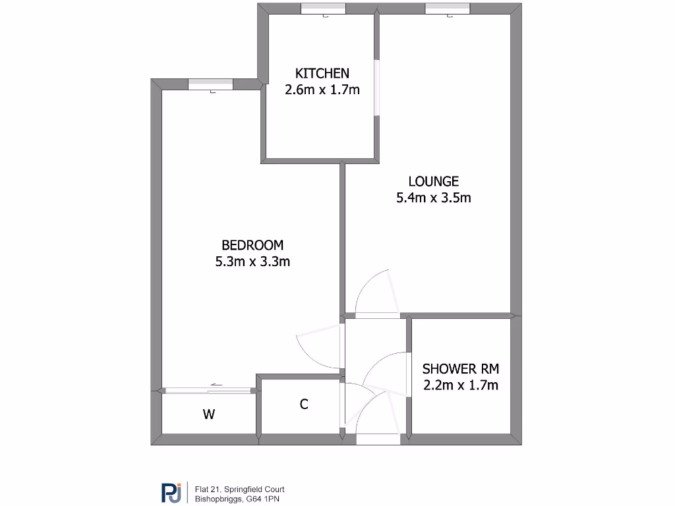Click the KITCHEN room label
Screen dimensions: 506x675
point(322,73)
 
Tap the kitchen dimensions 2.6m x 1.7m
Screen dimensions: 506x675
point(322,90)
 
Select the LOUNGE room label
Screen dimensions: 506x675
point(433,181)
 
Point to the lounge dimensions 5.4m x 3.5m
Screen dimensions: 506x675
point(433,198)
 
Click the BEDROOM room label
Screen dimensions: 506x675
point(252,245)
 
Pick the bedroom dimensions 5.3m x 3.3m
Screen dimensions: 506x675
point(252,262)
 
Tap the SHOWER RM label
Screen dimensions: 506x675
point(460,368)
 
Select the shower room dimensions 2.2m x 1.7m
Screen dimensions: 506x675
point(460,385)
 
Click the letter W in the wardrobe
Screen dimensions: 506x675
point(208,414)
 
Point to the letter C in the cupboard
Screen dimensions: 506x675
point(304,405)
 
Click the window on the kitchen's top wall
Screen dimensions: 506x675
point(323,9)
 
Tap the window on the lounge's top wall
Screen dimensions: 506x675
point(447,9)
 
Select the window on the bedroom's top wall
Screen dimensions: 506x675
point(210,84)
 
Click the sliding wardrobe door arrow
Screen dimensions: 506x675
point(218,385)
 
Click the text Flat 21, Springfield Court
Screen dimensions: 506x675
point(239,489)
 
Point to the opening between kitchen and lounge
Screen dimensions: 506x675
point(376,88)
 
